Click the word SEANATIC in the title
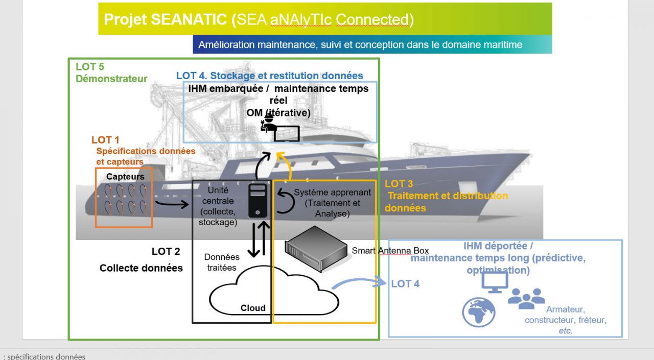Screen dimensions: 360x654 point(189,19)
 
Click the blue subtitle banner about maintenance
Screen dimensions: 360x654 point(372,44)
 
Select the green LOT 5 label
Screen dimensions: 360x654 point(90,66)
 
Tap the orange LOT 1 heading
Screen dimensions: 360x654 point(105,140)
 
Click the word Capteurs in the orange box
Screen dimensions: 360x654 point(125,177)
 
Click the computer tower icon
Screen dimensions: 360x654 point(257,201)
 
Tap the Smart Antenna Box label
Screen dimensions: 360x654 point(390,250)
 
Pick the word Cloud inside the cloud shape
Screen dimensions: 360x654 point(253,308)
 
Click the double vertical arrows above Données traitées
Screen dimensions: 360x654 point(257,239)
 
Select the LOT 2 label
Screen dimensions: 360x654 point(166,251)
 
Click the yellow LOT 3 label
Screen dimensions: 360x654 point(399,184)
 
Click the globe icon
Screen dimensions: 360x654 point(479,311)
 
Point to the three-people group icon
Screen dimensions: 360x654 point(526,298)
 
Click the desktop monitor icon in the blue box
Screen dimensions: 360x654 point(495,282)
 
